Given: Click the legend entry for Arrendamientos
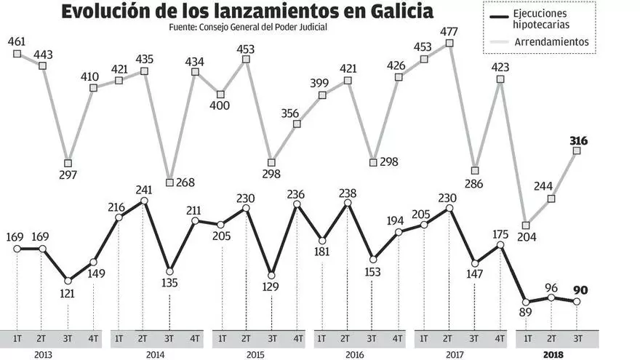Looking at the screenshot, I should pos(551,42).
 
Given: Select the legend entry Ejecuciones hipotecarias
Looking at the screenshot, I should pos(550,20).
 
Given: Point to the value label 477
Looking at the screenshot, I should pos(449,32).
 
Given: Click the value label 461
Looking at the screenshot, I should pos(17,40).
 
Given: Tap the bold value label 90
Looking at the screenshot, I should pos(579,290).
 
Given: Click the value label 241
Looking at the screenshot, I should pos(144,191).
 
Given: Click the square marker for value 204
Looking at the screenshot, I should pos(526,225).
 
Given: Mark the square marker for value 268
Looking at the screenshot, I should pos(169,183).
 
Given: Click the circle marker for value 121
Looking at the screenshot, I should pos(68,281).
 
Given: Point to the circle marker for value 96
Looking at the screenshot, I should pos(551,297).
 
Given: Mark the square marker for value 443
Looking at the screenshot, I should pos(42,65).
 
